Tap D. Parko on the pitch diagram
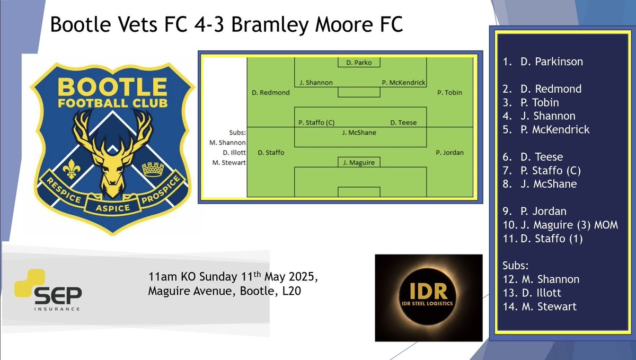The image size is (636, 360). [x=359, y=63]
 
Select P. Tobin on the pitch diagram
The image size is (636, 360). [x=449, y=92]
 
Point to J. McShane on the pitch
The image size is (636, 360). [x=359, y=133]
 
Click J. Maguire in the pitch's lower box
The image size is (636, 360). [x=359, y=163]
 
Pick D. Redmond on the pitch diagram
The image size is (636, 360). [x=270, y=93]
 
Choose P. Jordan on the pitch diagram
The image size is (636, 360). [x=449, y=153]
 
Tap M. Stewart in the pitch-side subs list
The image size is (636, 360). [x=228, y=162]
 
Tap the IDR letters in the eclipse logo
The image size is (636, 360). [x=428, y=292]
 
